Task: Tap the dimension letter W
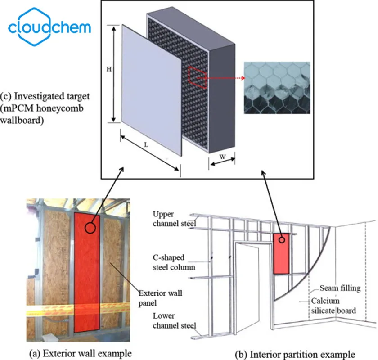(222, 158)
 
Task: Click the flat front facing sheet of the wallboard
(153, 90)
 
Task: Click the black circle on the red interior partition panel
(282, 240)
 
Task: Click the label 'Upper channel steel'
(170, 218)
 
